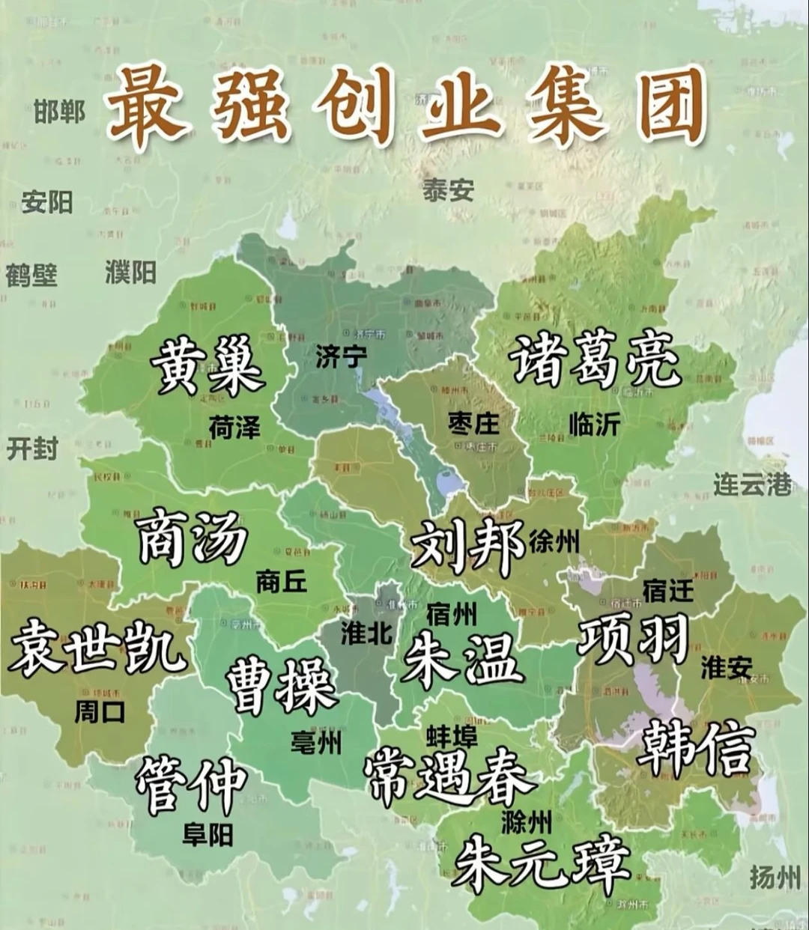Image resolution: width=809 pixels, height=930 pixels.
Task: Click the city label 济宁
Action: point(341,357)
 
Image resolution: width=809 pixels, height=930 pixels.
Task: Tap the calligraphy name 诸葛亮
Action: point(595,361)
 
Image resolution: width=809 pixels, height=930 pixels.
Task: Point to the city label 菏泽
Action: point(234,428)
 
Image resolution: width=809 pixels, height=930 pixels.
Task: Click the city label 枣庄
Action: point(473,424)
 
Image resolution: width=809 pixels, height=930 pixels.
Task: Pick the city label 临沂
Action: point(594,424)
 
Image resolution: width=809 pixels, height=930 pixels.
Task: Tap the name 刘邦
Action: point(467,545)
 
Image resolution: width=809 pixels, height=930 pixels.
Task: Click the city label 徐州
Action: point(554,541)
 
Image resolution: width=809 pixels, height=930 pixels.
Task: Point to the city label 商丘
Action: point(282,581)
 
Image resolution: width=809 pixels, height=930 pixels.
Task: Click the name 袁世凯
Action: point(97,647)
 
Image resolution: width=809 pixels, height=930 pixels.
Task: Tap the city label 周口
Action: point(100,711)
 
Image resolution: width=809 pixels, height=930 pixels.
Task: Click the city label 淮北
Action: point(366,633)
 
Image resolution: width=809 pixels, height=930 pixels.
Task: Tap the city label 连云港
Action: point(751,484)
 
